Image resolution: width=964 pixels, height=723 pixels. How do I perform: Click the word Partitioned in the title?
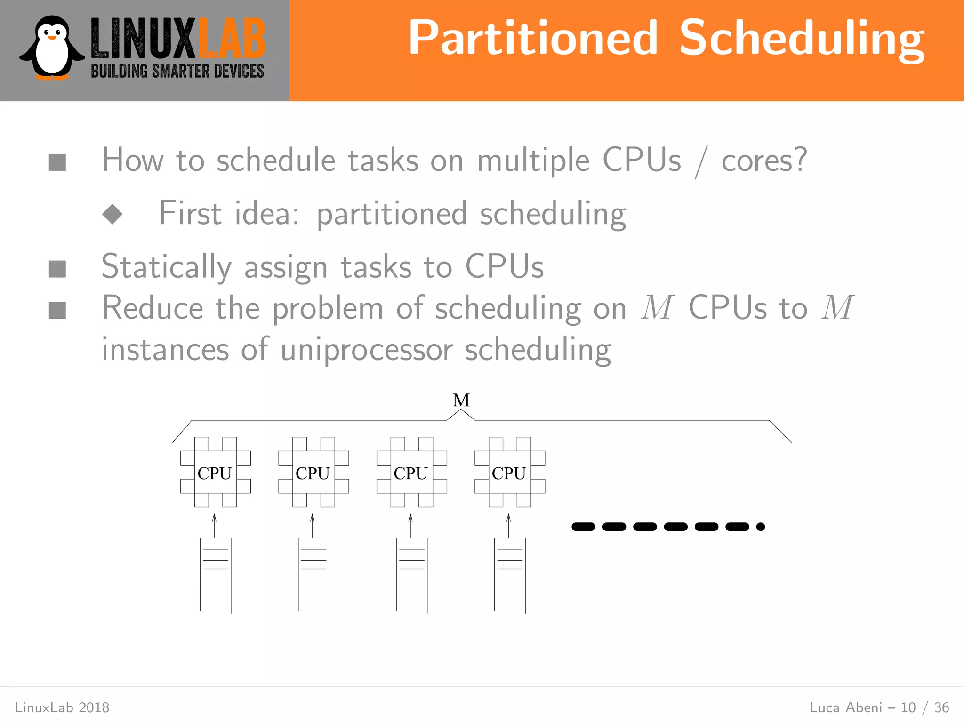tap(532, 38)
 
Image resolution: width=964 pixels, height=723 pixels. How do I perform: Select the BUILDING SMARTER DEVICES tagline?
tap(177, 72)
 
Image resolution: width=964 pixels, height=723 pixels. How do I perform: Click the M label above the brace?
tap(461, 400)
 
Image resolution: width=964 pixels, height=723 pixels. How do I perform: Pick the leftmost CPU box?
tap(215, 472)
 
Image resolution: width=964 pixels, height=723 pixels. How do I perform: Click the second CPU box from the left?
tap(313, 472)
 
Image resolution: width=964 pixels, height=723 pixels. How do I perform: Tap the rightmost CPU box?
tap(509, 472)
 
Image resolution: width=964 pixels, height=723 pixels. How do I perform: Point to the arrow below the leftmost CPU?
tap(214, 525)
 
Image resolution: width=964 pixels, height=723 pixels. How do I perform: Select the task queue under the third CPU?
tap(411, 574)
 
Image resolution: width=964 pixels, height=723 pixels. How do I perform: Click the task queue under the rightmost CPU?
tap(510, 574)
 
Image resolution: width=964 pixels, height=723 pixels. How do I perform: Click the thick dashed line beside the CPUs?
tap(667, 527)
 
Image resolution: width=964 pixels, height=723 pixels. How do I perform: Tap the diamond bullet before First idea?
tap(112, 214)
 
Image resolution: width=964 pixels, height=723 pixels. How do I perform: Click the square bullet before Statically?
tap(57, 269)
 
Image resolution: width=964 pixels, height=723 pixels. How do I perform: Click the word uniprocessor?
tap(367, 350)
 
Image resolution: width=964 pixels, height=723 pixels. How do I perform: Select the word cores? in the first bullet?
tap(764, 161)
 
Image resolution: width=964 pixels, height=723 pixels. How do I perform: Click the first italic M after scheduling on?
tap(657, 308)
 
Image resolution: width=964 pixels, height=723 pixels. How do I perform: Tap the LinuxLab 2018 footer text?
tap(62, 707)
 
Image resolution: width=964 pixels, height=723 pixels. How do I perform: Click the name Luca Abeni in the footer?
tap(845, 707)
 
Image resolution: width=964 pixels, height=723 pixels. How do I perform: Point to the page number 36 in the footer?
tap(941, 707)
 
